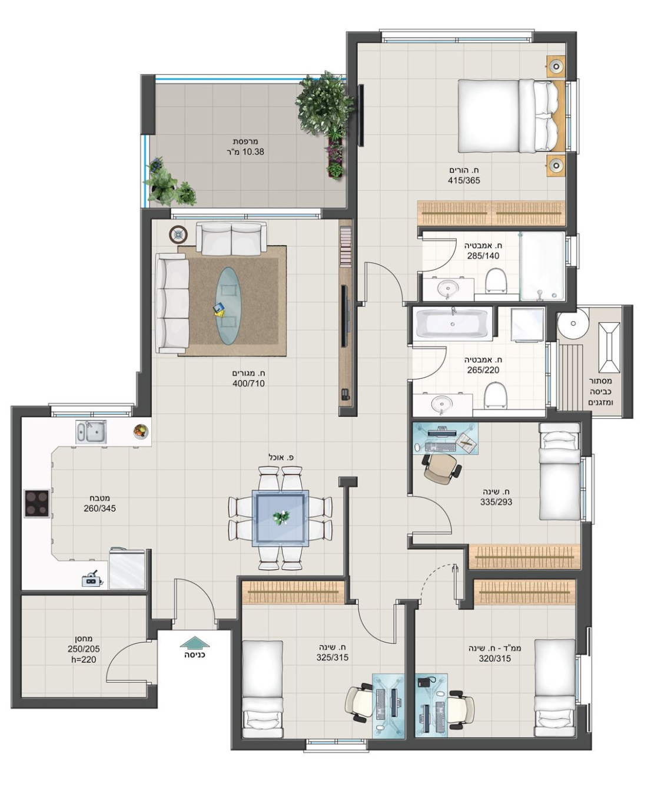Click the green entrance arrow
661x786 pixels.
[x=194, y=642]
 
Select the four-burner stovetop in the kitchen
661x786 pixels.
[x=37, y=503]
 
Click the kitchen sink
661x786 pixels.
[x=91, y=432]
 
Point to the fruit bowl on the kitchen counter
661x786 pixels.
[x=140, y=431]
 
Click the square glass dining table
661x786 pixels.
[x=280, y=518]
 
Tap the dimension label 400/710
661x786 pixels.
[x=248, y=384]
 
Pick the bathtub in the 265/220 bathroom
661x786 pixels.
[x=453, y=324]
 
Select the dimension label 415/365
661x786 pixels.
[x=464, y=180]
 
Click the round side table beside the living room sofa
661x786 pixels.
[x=178, y=235]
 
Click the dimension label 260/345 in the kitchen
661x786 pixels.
[x=99, y=508]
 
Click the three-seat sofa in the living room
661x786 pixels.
[x=172, y=303]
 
